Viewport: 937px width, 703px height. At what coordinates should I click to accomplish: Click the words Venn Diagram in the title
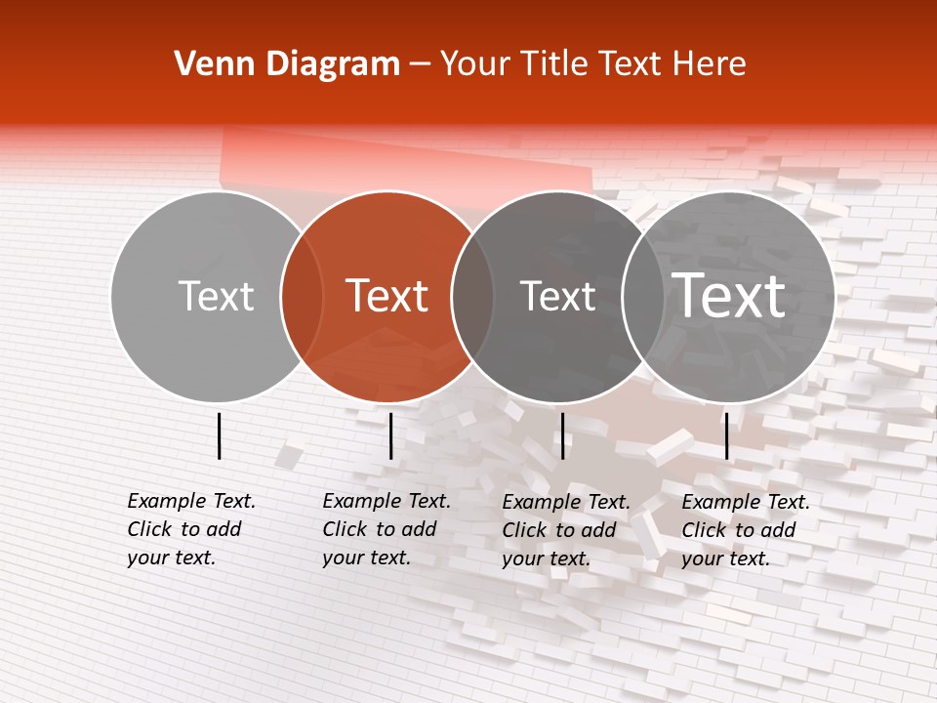coord(287,64)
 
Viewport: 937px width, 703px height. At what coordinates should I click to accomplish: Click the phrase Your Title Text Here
coord(593,64)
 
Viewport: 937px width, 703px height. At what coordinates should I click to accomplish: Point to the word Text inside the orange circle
coord(387,296)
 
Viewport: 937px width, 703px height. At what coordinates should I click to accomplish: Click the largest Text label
coord(729,296)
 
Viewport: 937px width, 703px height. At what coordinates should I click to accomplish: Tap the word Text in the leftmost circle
coord(216,296)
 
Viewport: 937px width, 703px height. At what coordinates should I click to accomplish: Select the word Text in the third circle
coord(557,296)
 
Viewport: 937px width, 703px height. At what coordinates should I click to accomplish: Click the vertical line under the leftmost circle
coord(219,435)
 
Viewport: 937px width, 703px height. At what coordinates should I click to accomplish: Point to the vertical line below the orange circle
coord(390,435)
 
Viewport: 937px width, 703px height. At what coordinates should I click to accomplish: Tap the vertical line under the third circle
coord(562,435)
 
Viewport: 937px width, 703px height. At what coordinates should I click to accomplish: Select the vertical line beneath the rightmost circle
coord(726,435)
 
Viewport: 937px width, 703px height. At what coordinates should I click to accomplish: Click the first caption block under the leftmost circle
coord(190,529)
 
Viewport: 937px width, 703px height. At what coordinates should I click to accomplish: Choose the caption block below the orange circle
coord(386,529)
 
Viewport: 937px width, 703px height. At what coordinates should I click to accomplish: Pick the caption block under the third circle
coord(565,529)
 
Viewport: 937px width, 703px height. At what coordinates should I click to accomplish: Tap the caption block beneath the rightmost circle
coord(745,529)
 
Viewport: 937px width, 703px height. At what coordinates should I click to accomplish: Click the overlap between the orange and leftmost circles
coord(302,296)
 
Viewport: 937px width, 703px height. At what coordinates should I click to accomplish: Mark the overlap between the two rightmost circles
coord(643,296)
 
